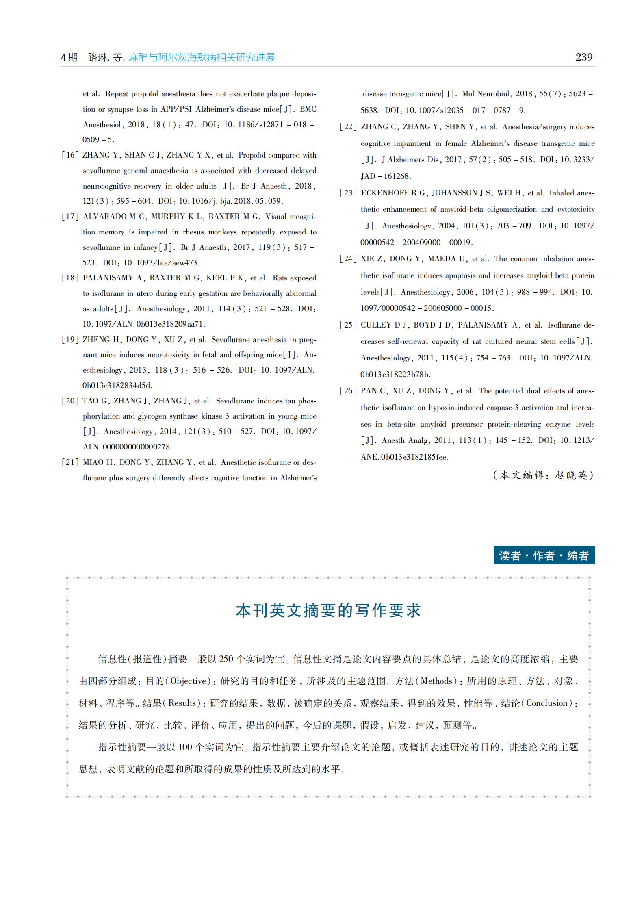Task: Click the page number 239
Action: click(x=584, y=57)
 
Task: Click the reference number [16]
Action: click(x=70, y=155)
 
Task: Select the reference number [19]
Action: click(x=70, y=340)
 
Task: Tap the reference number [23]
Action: click(x=348, y=193)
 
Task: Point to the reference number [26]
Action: click(x=348, y=391)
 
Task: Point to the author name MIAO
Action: click(x=93, y=462)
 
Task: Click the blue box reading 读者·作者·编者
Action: click(x=544, y=555)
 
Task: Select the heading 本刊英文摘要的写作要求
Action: click(x=328, y=611)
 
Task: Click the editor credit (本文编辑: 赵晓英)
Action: click(x=543, y=475)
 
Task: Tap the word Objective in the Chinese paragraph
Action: click(x=188, y=681)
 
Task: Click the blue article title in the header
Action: click(x=202, y=57)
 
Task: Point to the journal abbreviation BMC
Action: click(x=308, y=109)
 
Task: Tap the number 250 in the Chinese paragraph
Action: click(x=226, y=659)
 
